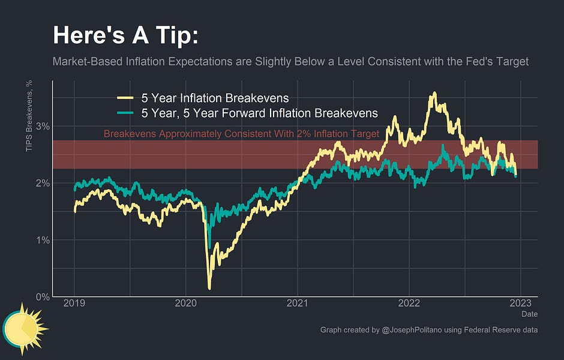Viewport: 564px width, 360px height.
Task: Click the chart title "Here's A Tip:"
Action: tap(125, 35)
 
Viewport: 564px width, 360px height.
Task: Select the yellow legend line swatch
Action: tap(125, 98)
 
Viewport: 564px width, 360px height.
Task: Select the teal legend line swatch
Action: tap(125, 113)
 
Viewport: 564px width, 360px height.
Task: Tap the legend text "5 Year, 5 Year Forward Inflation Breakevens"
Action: tap(259, 113)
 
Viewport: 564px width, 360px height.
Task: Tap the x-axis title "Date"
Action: tap(529, 314)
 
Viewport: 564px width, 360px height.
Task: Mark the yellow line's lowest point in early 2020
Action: tap(209, 288)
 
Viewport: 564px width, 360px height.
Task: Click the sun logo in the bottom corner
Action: tap(25, 329)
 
